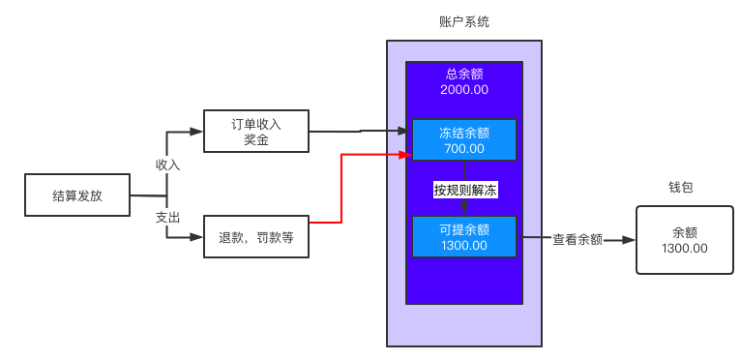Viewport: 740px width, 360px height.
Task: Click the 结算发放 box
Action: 76,195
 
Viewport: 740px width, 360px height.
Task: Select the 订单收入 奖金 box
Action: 255,132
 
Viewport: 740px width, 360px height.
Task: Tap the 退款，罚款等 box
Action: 255,237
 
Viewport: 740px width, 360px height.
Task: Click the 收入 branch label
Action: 168,165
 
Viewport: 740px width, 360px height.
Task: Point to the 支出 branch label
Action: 168,218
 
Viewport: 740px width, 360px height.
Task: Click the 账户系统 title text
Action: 464,21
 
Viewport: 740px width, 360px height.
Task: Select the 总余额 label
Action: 464,74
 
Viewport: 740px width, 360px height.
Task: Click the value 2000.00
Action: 464,90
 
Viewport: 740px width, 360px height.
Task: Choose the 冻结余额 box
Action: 464,140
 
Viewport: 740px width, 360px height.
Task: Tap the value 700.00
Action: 464,149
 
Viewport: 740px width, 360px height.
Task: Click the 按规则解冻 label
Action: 464,191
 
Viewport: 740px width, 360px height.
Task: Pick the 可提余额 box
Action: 464,236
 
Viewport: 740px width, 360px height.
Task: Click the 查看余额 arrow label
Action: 577,239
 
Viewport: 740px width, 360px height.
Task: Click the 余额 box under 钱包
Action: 684,240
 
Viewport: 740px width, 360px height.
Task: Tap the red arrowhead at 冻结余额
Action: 406,153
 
